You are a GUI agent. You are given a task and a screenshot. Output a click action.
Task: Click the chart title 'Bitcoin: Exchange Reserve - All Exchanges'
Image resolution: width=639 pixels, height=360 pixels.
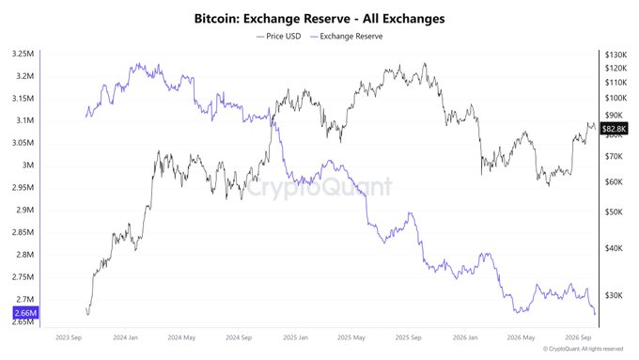pyautogui.click(x=319, y=19)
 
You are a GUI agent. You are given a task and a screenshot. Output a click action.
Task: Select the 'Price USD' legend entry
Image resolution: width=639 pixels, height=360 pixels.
pyautogui.click(x=279, y=37)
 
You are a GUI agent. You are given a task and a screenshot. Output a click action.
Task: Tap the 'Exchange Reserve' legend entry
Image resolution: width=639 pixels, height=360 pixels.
pyautogui.click(x=347, y=37)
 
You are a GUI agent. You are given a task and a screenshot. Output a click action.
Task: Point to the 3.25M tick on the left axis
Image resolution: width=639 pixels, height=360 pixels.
pyautogui.click(x=23, y=54)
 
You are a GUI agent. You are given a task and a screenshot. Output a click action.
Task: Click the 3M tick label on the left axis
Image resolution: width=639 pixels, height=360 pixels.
pyautogui.click(x=28, y=165)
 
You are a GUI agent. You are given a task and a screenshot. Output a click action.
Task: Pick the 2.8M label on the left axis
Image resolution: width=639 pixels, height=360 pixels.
pyautogui.click(x=25, y=255)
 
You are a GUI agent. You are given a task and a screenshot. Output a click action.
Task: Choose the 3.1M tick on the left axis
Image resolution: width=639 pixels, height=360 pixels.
pyautogui.click(x=25, y=120)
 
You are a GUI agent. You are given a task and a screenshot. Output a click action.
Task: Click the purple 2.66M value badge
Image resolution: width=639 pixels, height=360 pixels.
pyautogui.click(x=25, y=313)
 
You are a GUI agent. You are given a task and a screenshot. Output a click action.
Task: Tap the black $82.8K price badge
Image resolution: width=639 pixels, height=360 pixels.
pyautogui.click(x=615, y=129)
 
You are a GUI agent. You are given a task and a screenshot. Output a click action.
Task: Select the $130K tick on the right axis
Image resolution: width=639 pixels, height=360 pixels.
pyautogui.click(x=616, y=55)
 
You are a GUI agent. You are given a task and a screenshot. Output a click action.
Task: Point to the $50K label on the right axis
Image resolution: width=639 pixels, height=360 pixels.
pyautogui.click(x=614, y=212)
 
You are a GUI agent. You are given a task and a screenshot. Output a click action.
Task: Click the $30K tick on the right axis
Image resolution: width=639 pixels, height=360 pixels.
pyautogui.click(x=614, y=295)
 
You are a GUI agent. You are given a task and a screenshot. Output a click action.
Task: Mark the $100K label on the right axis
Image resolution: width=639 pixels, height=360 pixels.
pyautogui.click(x=616, y=98)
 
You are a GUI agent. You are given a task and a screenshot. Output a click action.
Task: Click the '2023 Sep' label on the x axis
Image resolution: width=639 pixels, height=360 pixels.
pyautogui.click(x=69, y=337)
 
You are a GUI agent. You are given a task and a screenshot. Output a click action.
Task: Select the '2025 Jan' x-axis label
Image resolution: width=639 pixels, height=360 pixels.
pyautogui.click(x=295, y=337)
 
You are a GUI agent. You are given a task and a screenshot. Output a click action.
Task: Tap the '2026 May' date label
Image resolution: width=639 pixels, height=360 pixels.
pyautogui.click(x=521, y=337)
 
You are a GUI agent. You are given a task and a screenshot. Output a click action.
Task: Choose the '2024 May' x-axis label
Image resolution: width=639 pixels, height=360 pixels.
pyautogui.click(x=181, y=337)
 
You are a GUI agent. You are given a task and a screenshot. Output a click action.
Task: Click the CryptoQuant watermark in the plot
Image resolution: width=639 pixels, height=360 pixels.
pyautogui.click(x=319, y=187)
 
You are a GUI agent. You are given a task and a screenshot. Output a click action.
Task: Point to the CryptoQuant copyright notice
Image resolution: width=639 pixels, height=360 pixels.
pyautogui.click(x=584, y=349)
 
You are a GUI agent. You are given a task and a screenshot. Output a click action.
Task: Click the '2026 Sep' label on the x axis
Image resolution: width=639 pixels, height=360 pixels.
pyautogui.click(x=578, y=337)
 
